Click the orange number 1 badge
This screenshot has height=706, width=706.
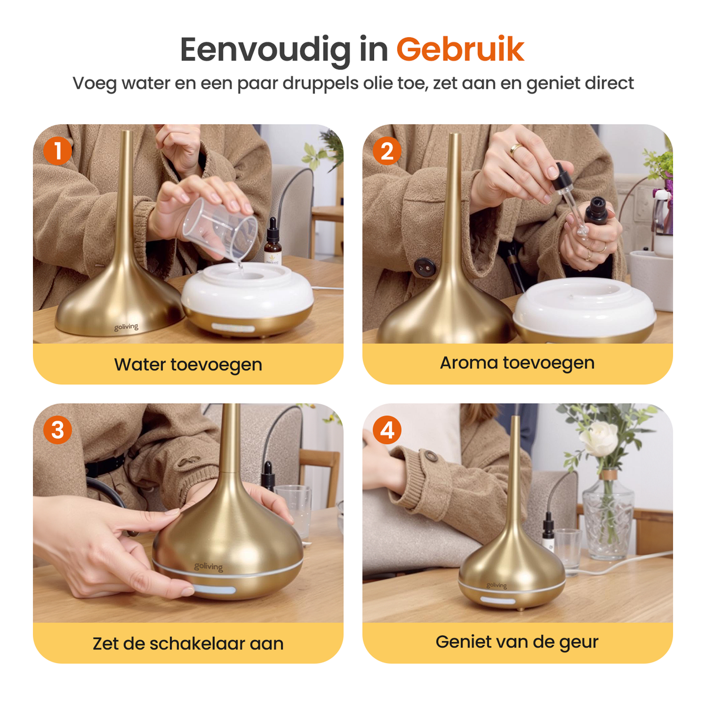(x=57, y=151)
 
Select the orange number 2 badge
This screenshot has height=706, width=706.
(x=387, y=151)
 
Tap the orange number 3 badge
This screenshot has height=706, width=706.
(x=57, y=429)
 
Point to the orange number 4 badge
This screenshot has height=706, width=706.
(x=387, y=429)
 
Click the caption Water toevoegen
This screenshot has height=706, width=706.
(x=188, y=365)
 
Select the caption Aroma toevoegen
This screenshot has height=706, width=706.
(x=517, y=363)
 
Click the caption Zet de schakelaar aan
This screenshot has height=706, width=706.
(x=188, y=644)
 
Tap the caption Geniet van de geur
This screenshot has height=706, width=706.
(x=517, y=642)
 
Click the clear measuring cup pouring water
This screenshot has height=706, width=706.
(x=220, y=228)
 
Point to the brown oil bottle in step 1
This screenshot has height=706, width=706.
(x=272, y=242)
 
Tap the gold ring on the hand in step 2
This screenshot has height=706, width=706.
(x=516, y=148)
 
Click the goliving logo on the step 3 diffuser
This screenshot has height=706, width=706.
(x=208, y=567)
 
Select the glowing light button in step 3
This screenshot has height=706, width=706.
(x=214, y=590)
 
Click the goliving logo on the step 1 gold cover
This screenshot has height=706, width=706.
(x=126, y=327)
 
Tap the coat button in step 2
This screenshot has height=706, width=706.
(x=424, y=267)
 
